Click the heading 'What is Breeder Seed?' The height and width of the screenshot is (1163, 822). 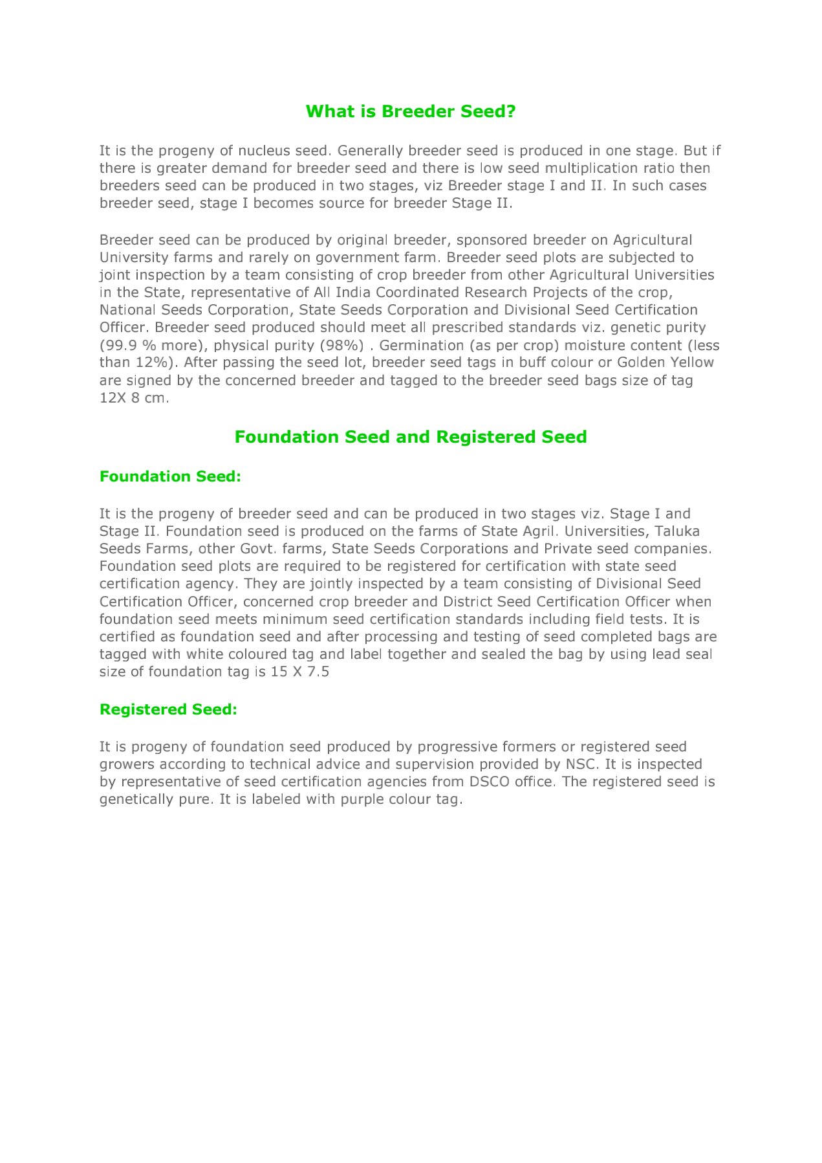[411, 111]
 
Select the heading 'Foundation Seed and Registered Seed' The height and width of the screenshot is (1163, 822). [411, 437]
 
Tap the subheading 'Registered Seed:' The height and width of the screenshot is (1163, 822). [168, 709]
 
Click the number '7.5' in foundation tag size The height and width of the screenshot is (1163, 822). [318, 672]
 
